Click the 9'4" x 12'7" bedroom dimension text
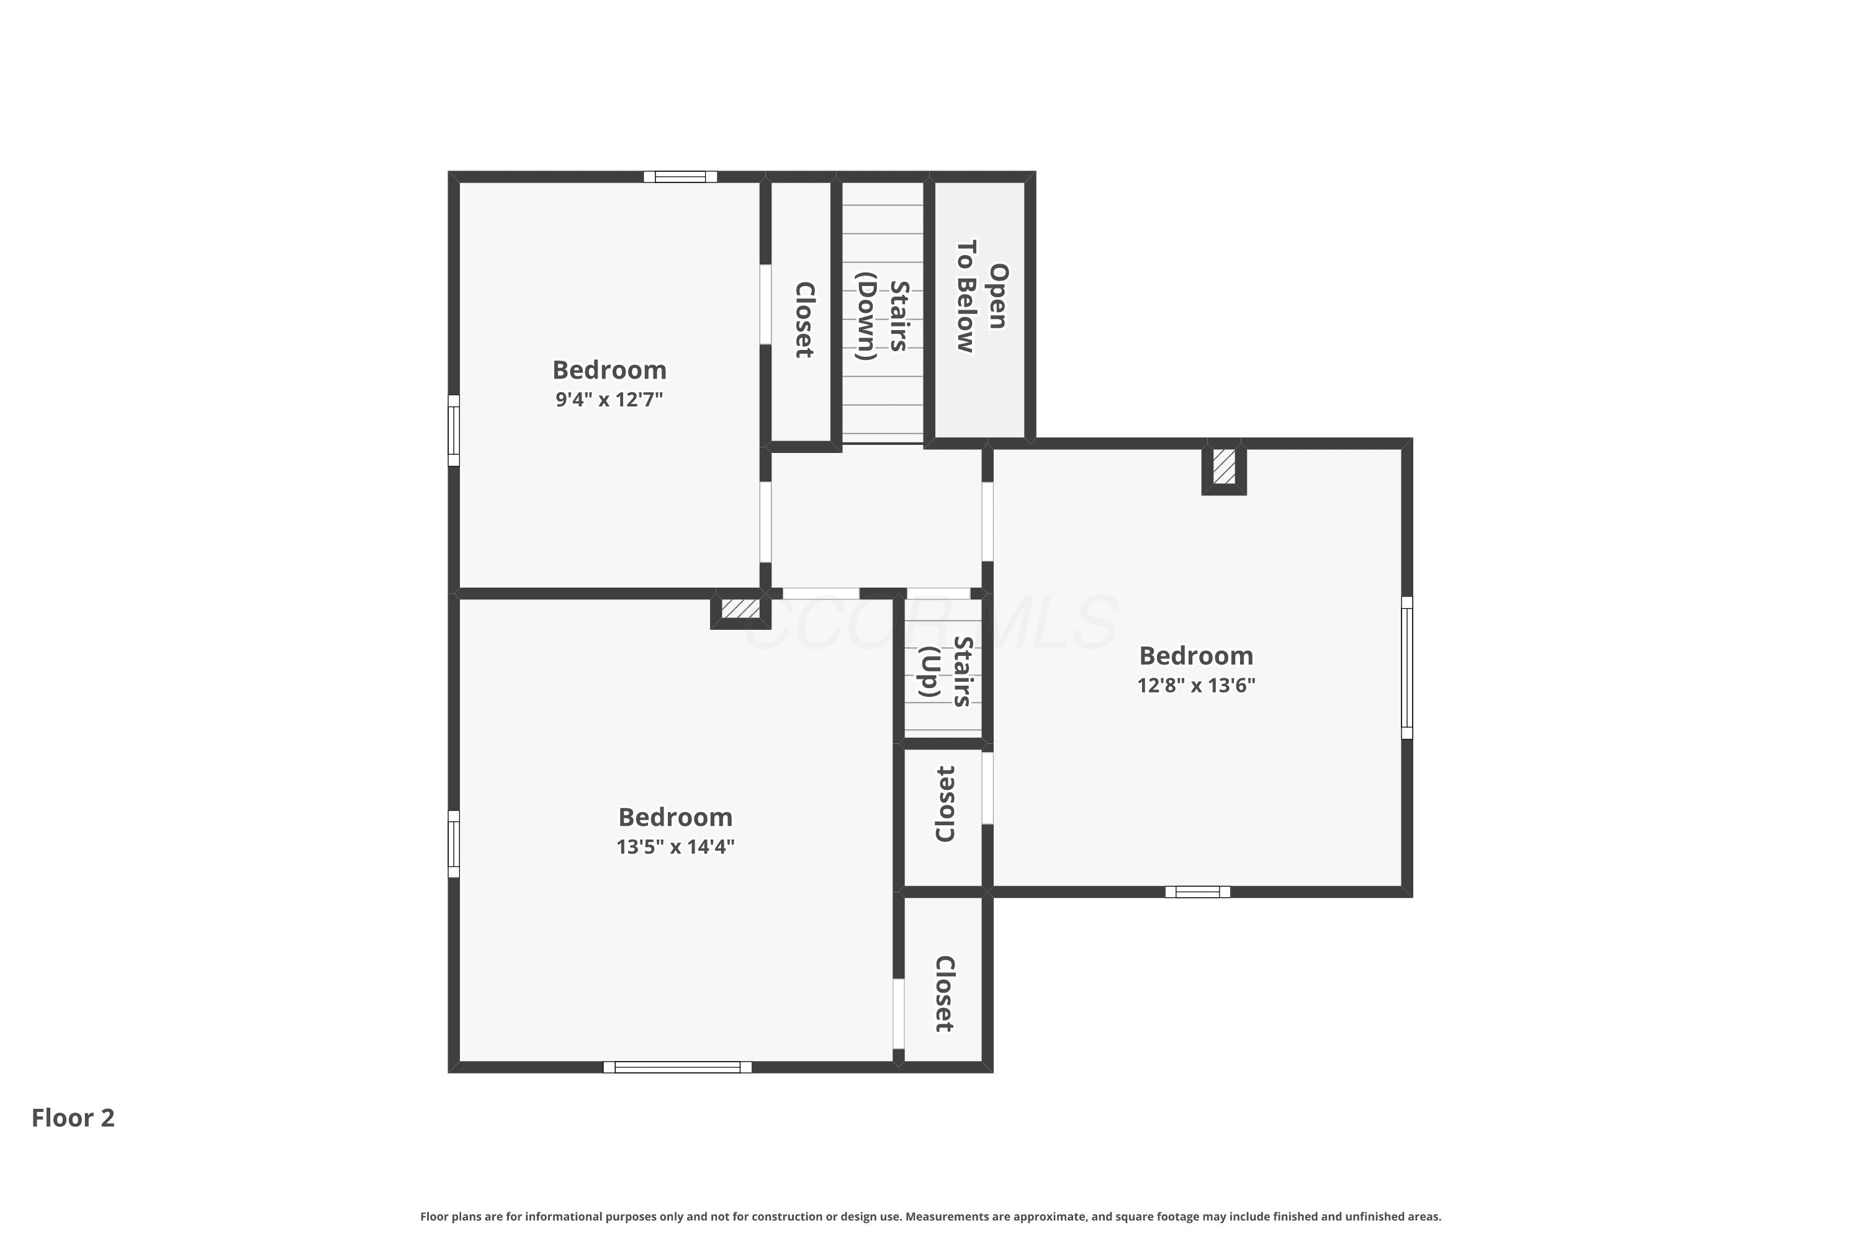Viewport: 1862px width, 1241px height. (609, 399)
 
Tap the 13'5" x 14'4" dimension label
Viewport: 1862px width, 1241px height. (675, 847)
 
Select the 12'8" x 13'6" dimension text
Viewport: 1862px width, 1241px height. (1196, 686)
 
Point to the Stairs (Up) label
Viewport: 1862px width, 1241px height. (946, 671)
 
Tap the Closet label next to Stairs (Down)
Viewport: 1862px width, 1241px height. (804, 320)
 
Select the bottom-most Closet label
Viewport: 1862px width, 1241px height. (945, 994)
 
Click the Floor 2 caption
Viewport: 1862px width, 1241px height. (73, 1118)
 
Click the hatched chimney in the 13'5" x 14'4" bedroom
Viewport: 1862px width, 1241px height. (740, 609)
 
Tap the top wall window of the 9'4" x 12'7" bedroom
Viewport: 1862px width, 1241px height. (680, 176)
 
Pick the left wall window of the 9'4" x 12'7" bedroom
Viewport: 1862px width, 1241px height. (454, 431)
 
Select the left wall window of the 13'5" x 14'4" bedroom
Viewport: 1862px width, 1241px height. (454, 844)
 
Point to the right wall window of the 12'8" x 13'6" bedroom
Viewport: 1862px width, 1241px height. (1407, 668)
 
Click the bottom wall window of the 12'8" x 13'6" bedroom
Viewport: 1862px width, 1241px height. (1198, 892)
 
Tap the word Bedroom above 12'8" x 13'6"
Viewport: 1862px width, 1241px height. (1196, 656)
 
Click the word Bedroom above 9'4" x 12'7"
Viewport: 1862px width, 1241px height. (609, 370)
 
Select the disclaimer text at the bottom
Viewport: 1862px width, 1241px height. (931, 1216)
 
